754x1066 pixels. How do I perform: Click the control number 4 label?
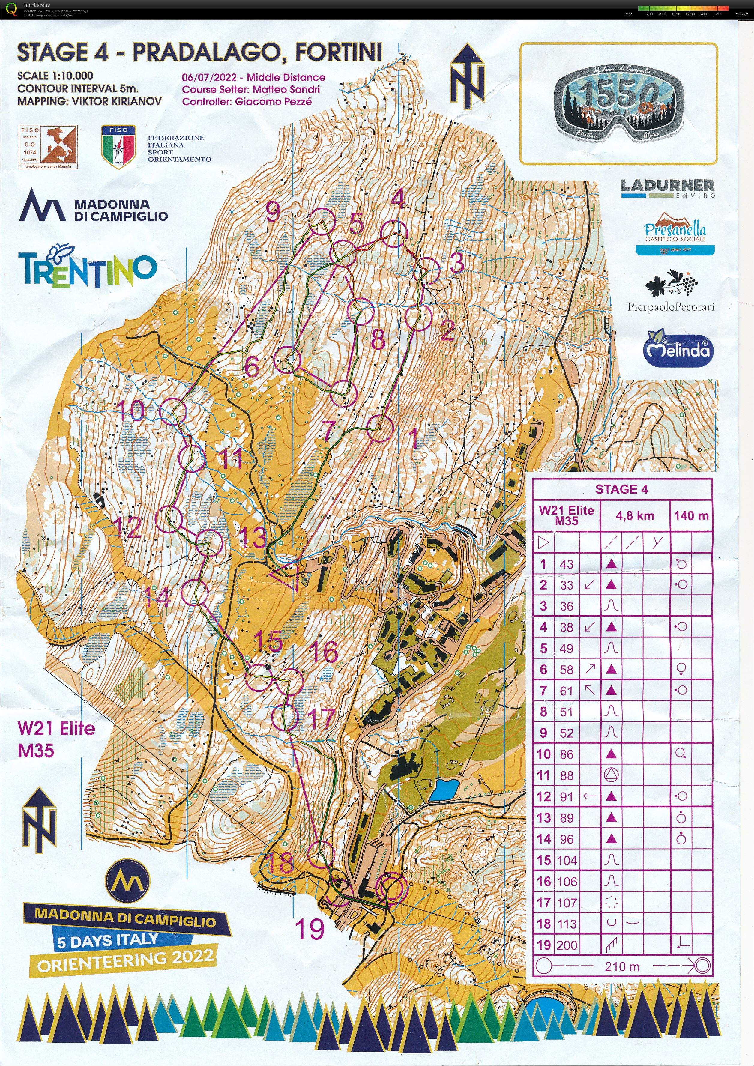pos(398,199)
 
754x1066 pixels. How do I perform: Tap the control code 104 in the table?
pos(567,860)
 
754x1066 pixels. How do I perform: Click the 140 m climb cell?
pos(691,515)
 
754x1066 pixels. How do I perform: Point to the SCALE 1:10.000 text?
pos(55,76)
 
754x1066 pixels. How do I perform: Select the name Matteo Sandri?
pos(286,90)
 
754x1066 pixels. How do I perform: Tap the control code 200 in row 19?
pos(567,945)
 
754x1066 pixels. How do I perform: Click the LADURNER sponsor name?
pos(667,185)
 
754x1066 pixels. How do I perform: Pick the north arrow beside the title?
pos(467,73)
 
